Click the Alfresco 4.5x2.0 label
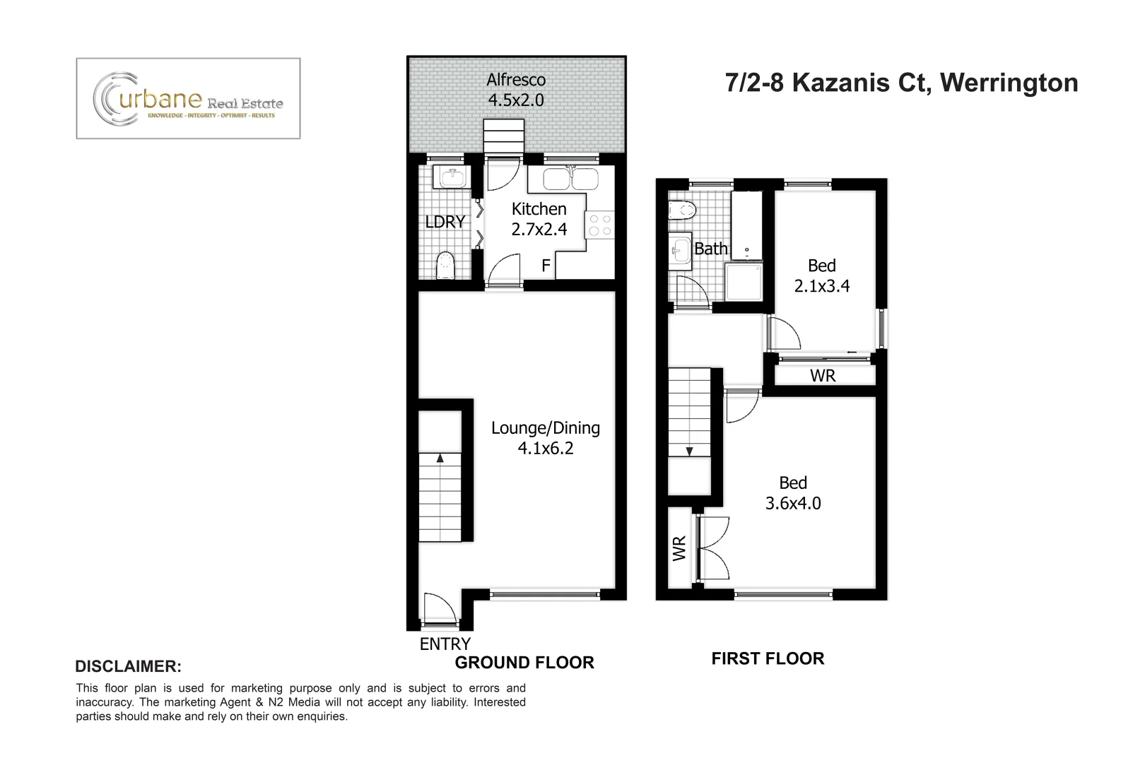coord(516,90)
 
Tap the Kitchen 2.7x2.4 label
coord(539,219)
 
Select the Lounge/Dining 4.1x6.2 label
coord(546,437)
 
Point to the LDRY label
coord(445,221)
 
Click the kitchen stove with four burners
coord(599,225)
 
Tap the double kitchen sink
coord(570,179)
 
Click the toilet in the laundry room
coord(445,265)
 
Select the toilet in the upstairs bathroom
coord(682,210)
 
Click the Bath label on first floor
coord(710,249)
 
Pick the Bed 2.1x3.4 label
coord(821,276)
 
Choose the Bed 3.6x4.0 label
coord(793,492)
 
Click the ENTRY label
coord(445,644)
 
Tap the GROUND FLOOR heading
coord(524,662)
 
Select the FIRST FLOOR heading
coord(768,658)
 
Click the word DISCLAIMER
coord(128,666)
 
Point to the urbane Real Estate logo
coord(188,98)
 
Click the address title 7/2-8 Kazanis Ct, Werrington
coord(902,83)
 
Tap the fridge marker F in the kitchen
coord(546,266)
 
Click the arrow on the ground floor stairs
coord(440,458)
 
